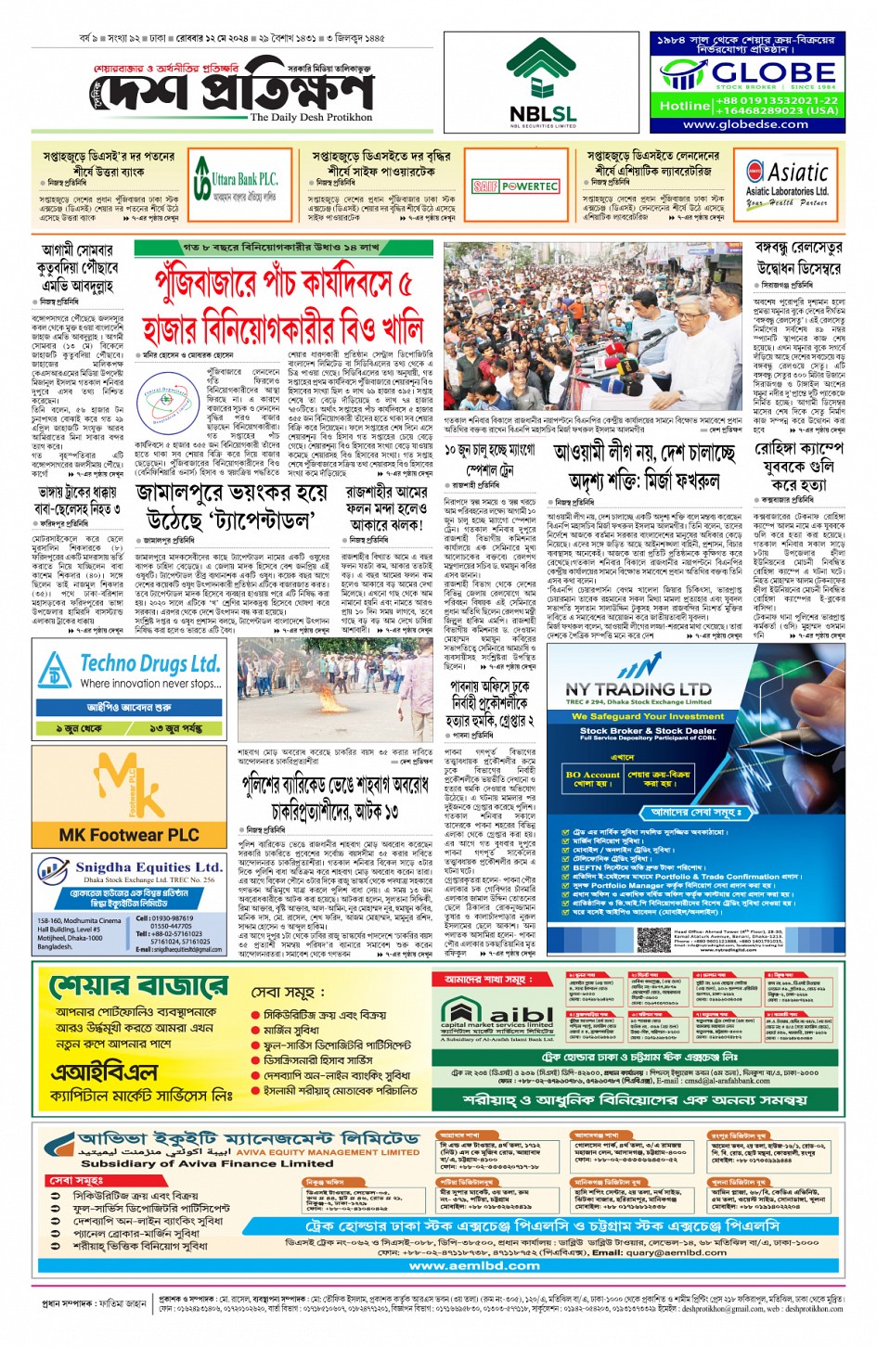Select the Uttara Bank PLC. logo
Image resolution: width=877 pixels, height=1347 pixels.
click(236, 183)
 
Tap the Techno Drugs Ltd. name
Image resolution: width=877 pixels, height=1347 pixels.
click(149, 663)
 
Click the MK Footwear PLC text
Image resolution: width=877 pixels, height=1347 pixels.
click(129, 835)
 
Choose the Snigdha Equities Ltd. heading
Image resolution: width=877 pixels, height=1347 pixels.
click(148, 867)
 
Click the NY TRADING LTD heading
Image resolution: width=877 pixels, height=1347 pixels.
click(638, 689)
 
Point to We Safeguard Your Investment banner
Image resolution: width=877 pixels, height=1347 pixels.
click(647, 716)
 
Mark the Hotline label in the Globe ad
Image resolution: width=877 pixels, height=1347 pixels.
click(684, 106)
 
